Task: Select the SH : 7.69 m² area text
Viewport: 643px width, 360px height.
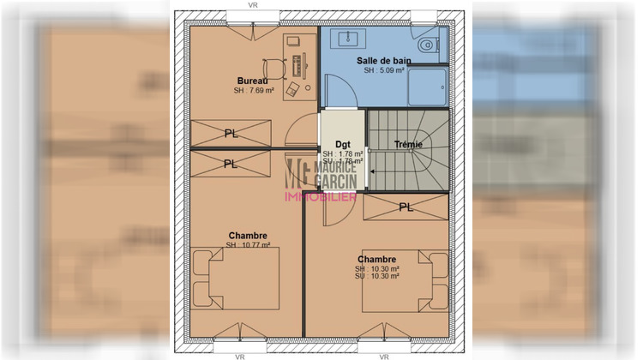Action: [253, 91]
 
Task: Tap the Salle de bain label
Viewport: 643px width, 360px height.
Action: [383, 61]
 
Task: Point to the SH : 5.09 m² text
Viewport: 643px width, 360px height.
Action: [383, 71]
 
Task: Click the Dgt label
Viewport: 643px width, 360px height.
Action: [342, 144]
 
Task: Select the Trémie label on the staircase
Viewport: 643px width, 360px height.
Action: [408, 144]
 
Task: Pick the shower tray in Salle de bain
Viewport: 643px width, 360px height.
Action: [426, 87]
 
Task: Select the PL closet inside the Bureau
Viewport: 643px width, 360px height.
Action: [231, 134]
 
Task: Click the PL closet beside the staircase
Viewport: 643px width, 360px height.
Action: [405, 207]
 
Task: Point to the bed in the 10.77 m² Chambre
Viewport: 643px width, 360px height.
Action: [235, 279]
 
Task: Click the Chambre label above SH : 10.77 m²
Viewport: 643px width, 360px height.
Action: [248, 236]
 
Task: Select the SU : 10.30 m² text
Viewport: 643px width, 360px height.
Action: [376, 276]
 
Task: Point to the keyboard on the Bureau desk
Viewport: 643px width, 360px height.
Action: [297, 65]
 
